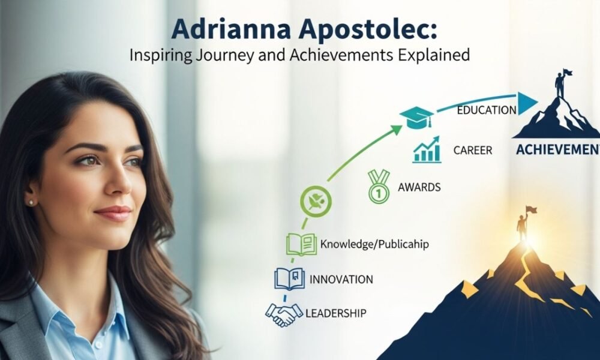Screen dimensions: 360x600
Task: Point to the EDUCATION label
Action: coord(486,110)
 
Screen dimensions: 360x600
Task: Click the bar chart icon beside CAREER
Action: coord(427,151)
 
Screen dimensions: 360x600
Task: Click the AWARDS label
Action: coord(419,187)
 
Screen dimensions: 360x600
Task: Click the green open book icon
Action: coord(301,244)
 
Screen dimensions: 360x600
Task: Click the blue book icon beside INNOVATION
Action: coord(286,279)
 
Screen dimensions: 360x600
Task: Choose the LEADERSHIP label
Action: coord(336,313)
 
